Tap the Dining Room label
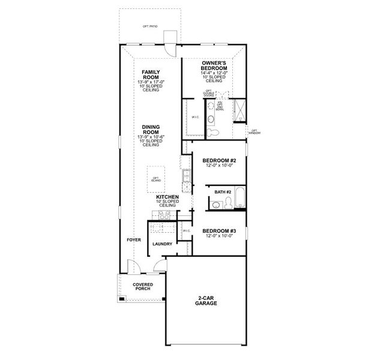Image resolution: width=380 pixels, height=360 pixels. pyautogui.click(x=150, y=130)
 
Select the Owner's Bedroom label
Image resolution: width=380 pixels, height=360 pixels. pyautogui.click(x=214, y=66)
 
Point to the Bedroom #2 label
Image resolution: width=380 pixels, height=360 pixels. pyautogui.click(x=219, y=161)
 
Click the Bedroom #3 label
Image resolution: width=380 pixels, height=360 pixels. pyautogui.click(x=219, y=231)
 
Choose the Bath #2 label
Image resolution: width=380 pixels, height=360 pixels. pyautogui.click(x=223, y=192)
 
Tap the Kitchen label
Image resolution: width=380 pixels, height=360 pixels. pyautogui.click(x=167, y=196)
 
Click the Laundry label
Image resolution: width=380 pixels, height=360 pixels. pyautogui.click(x=162, y=244)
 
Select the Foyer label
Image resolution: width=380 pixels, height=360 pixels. pyautogui.click(x=134, y=239)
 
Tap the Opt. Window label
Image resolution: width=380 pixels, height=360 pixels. pyautogui.click(x=255, y=131)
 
